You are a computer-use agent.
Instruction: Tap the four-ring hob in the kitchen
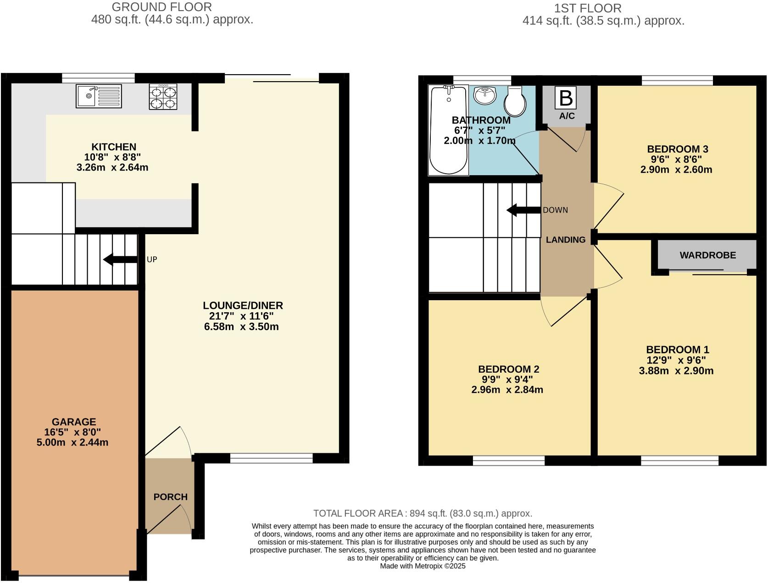click(163, 97)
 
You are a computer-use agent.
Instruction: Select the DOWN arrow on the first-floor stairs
click(523, 210)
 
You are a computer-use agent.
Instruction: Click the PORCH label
click(170, 497)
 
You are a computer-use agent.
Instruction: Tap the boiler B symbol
click(566, 98)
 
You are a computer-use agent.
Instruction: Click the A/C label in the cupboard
click(567, 116)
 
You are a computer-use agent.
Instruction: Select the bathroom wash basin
click(485, 95)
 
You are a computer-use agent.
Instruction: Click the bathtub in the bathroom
click(449, 130)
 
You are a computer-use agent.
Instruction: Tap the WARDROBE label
click(707, 255)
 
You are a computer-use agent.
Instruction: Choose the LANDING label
click(565, 240)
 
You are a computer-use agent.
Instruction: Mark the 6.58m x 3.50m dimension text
click(241, 327)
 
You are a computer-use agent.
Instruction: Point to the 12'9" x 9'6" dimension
click(676, 360)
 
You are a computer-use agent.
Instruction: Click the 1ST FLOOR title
click(588, 8)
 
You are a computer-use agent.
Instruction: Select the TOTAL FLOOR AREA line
click(423, 513)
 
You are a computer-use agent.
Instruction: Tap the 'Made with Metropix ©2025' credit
click(423, 566)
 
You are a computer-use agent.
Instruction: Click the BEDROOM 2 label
click(508, 369)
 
